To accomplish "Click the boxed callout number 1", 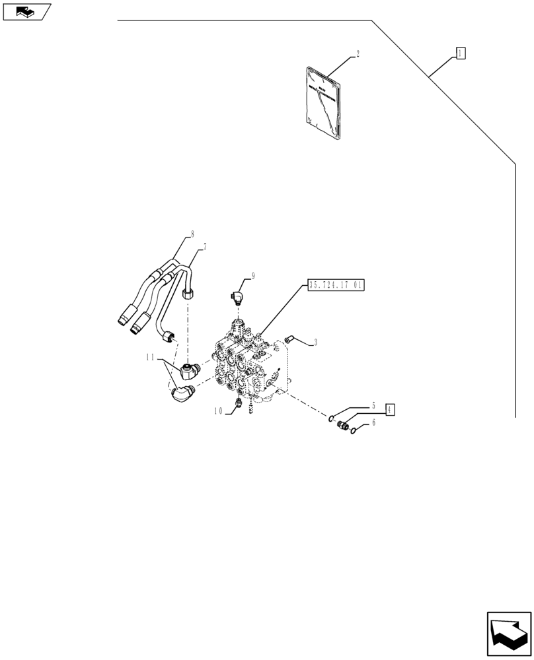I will pyautogui.click(x=461, y=53).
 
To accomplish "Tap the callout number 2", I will pyautogui.click(x=358, y=55).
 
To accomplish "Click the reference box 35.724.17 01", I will pyautogui.click(x=336, y=286).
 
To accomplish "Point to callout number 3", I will pyautogui.click(x=315, y=343).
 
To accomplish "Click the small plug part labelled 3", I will pyautogui.click(x=288, y=340).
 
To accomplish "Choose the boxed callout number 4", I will pyautogui.click(x=390, y=410).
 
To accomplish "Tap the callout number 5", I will pyautogui.click(x=373, y=405).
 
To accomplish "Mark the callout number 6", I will pyautogui.click(x=373, y=423).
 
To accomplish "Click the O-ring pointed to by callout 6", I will pyautogui.click(x=356, y=431).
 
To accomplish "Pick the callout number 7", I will pyautogui.click(x=205, y=247).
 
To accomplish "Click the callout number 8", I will pyautogui.click(x=192, y=234).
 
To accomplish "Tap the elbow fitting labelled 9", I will pyautogui.click(x=237, y=295).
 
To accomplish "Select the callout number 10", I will pyautogui.click(x=218, y=411).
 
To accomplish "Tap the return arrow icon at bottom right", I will pyautogui.click(x=508, y=634).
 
